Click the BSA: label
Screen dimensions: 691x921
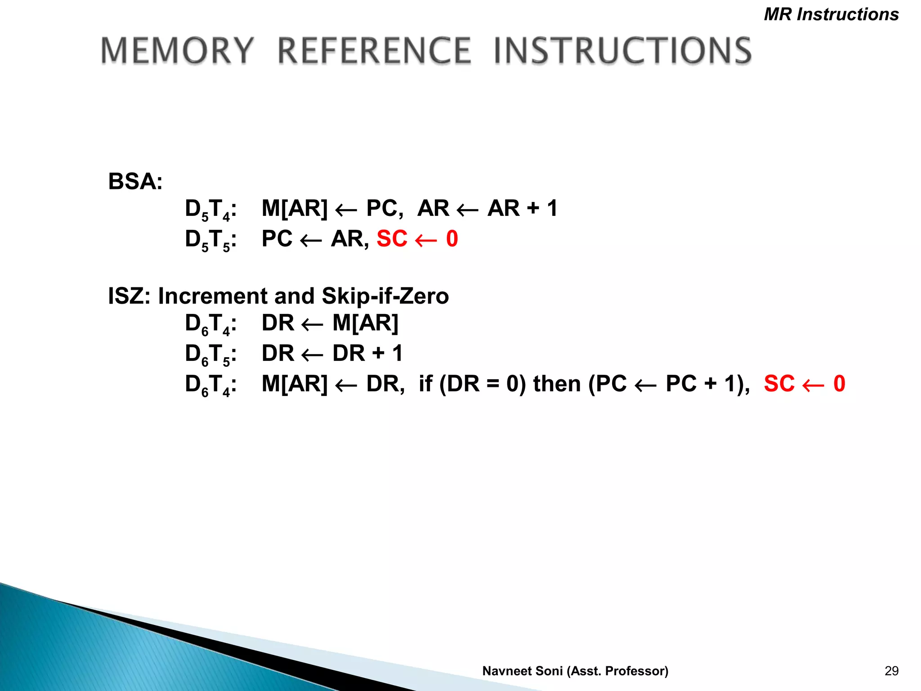[135, 182]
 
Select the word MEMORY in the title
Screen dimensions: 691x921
[177, 50]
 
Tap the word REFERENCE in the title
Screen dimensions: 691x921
[374, 50]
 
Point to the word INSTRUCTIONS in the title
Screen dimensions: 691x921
[623, 50]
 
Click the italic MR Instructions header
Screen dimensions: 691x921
[831, 14]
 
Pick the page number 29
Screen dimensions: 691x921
[891, 671]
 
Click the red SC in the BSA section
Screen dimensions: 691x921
[392, 238]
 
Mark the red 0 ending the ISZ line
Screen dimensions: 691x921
[839, 384]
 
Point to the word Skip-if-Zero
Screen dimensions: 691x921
[385, 296]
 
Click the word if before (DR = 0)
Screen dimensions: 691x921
[425, 384]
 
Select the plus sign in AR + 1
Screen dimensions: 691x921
[533, 209]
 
